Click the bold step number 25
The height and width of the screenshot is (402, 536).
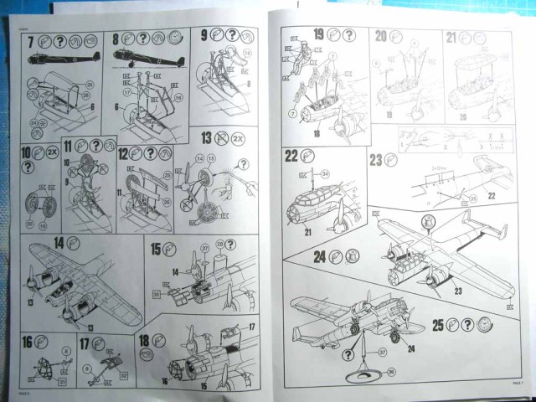[x=436, y=325]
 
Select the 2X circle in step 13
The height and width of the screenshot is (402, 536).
[x=238, y=137]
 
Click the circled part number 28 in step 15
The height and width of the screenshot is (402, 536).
[x=220, y=245]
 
